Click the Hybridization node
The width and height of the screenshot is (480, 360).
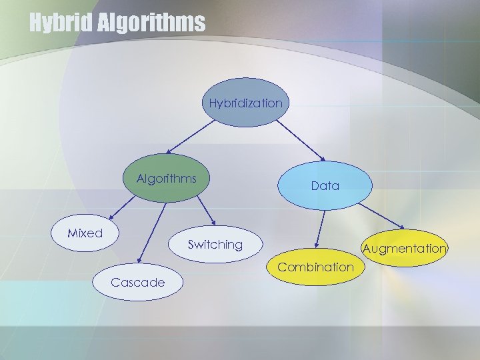tap(245, 103)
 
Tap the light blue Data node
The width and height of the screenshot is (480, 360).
tap(325, 186)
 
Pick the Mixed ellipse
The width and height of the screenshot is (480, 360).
tap(85, 233)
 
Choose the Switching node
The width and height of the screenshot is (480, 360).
tap(215, 245)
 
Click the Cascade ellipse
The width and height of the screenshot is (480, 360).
tap(138, 282)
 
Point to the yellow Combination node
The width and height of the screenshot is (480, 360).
tap(316, 267)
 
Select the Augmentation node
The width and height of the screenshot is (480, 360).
tap(404, 249)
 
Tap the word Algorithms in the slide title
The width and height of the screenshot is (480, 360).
tap(152, 23)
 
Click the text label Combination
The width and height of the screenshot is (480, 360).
tap(316, 267)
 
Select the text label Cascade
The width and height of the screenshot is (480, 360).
tap(138, 282)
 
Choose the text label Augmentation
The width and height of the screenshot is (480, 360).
tap(404, 249)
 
